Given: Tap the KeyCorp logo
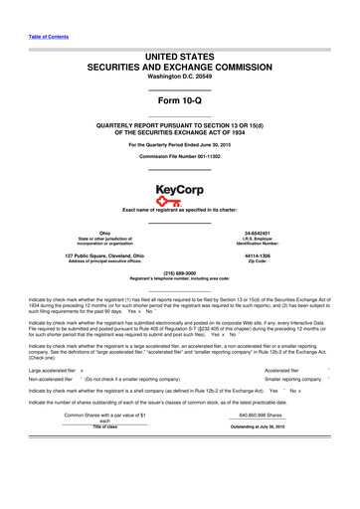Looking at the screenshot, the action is (x=179, y=194).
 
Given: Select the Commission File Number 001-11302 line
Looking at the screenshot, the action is (x=180, y=157).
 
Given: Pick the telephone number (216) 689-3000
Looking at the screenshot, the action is (x=180, y=271).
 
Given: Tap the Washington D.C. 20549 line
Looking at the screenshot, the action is (x=180, y=76).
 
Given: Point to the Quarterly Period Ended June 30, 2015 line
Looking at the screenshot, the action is (x=180, y=145).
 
